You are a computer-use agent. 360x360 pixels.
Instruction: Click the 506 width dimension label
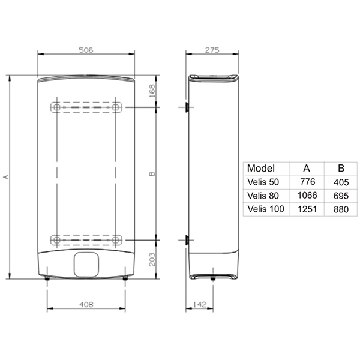pos(86,50)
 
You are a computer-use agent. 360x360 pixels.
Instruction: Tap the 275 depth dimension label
pos(212,50)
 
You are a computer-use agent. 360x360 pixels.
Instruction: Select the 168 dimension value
pos(152,91)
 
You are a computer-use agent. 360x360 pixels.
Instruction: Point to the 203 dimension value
pos(152,259)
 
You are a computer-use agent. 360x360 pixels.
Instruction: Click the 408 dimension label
pos(86,304)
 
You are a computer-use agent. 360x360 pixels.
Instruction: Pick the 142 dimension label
pos(200,304)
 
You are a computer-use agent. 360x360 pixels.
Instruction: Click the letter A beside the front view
pos(6,177)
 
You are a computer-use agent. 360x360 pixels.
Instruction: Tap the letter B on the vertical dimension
pos(152,174)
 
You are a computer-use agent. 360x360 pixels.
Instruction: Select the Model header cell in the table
pos(261,168)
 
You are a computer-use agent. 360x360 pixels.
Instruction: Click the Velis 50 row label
pos(263,182)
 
